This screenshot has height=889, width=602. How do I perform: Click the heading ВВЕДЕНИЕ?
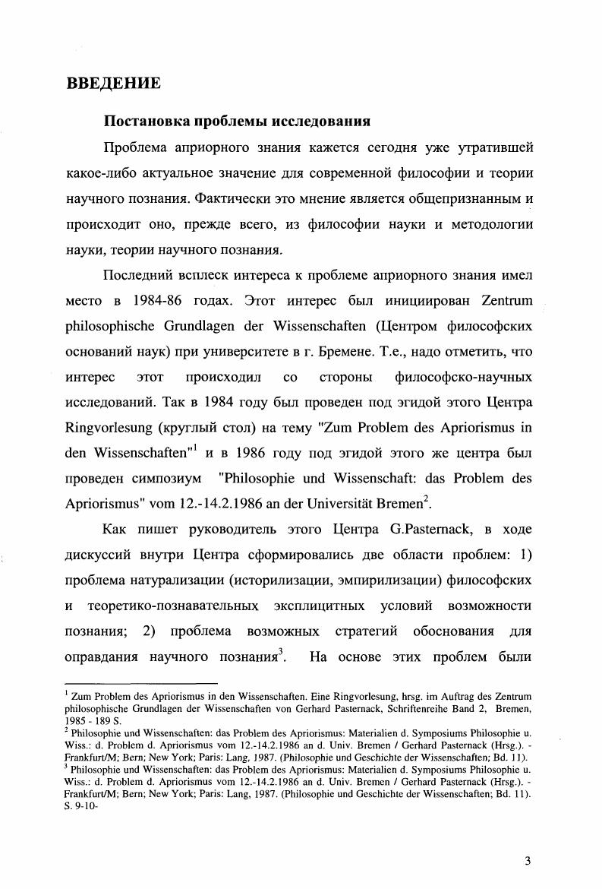113,83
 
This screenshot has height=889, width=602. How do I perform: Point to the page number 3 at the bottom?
527,861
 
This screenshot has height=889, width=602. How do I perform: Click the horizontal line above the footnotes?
140,685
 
